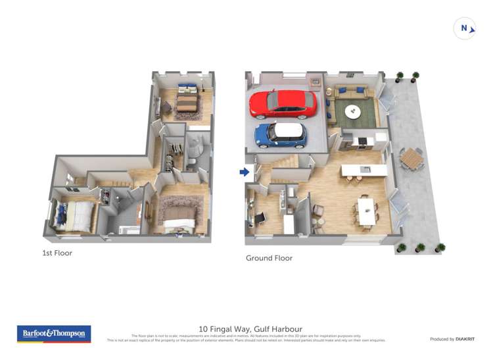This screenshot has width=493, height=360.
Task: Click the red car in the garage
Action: pyautogui.click(x=283, y=103)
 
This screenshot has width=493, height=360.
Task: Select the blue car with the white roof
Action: pyautogui.click(x=281, y=134)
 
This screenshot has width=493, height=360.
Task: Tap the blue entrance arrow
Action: pyautogui.click(x=244, y=172)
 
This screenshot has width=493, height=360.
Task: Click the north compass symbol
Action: pyautogui.click(x=465, y=28)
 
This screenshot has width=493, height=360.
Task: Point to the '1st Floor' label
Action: pyautogui.click(x=58, y=253)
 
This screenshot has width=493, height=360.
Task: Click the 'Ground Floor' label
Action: pyautogui.click(x=269, y=258)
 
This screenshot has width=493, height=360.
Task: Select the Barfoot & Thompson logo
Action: pyautogui.click(x=53, y=334)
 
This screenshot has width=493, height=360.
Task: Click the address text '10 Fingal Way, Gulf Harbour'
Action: pyautogui.click(x=250, y=328)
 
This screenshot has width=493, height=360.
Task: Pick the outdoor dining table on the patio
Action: pyautogui.click(x=411, y=157)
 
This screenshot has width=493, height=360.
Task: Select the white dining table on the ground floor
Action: pyautogui.click(x=365, y=209)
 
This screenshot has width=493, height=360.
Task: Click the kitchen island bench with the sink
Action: pyautogui.click(x=365, y=170)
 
